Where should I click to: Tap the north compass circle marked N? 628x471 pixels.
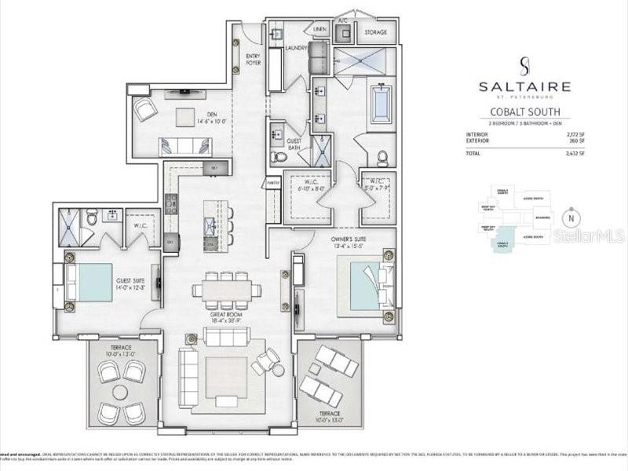571,217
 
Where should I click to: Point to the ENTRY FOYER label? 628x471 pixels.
254,58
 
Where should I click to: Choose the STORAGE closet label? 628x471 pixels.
376,33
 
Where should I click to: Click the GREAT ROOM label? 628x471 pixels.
225,317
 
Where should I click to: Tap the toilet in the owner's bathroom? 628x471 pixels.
382,158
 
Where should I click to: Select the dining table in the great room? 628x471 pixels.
226,290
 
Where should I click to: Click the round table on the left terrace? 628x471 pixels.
120,391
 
